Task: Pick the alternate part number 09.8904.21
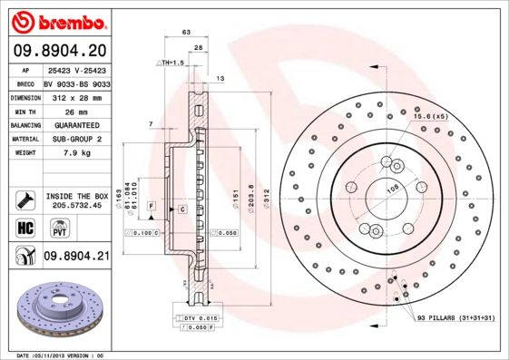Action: click(x=76, y=257)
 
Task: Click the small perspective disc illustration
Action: click(x=56, y=308)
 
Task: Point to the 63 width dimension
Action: click(x=186, y=32)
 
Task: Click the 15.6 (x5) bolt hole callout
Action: click(x=431, y=117)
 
